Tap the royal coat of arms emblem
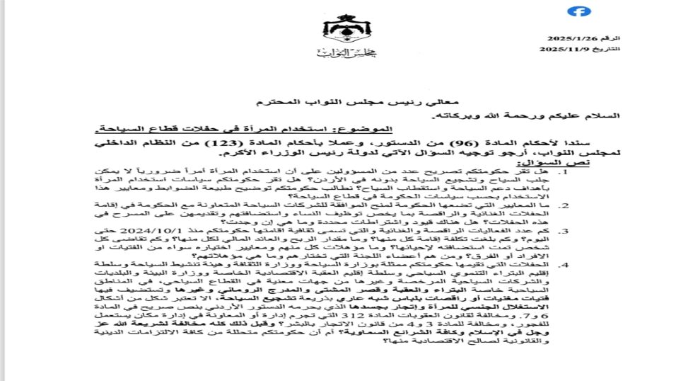(337, 28)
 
